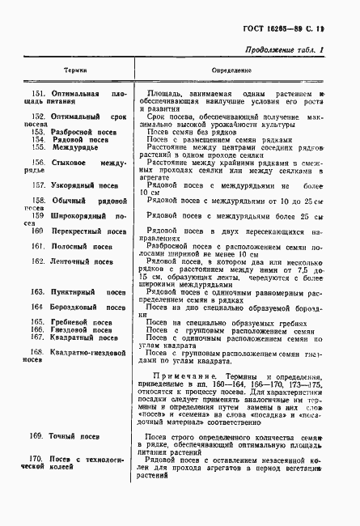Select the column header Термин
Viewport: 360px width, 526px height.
[x=75, y=71]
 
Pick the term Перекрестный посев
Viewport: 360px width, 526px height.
[x=89, y=231]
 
